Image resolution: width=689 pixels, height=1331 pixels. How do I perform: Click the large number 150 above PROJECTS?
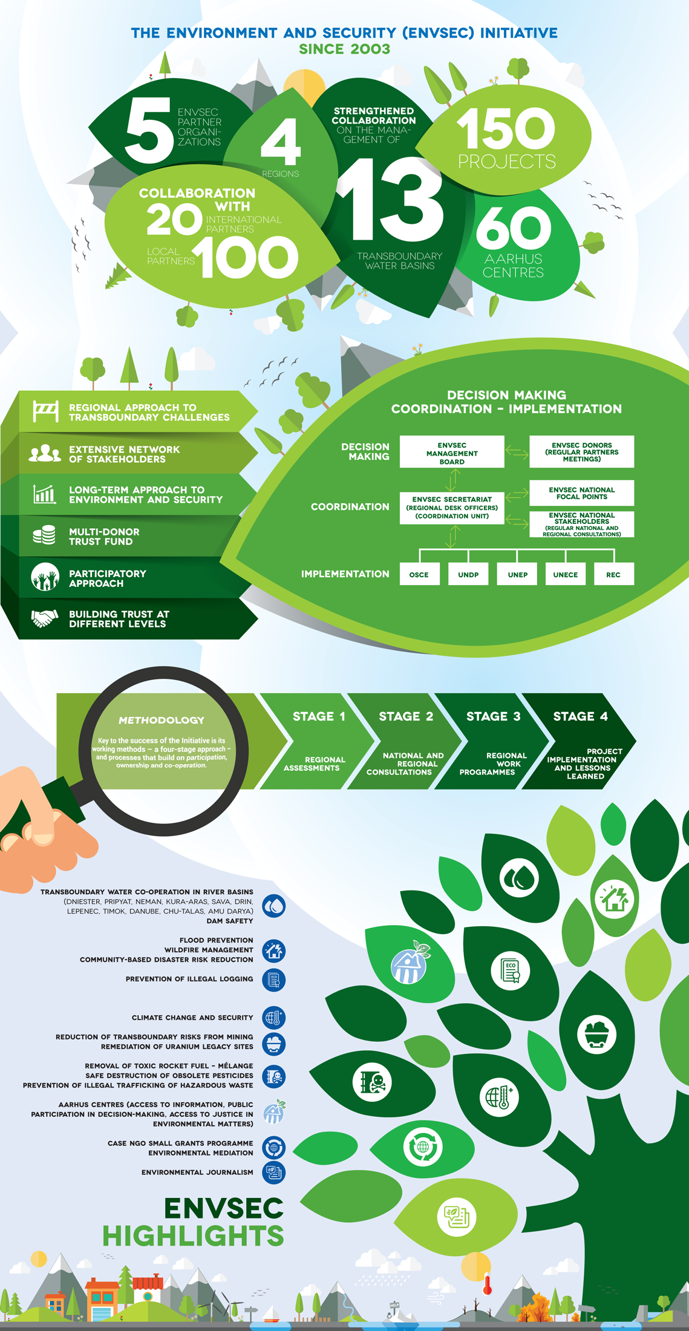coord(506,128)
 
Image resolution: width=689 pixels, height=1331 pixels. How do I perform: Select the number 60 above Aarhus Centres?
coord(514,227)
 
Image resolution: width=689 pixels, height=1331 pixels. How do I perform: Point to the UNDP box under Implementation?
coord(468,574)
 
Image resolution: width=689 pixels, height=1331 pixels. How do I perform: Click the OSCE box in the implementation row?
coord(419,574)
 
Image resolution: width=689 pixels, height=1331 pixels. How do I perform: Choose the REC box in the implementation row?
coord(613,574)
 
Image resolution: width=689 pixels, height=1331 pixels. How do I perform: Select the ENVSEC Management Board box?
coord(452,453)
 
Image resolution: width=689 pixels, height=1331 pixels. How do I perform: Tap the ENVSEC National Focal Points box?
coord(581,493)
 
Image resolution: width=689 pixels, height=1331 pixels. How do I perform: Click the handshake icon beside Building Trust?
coord(44,618)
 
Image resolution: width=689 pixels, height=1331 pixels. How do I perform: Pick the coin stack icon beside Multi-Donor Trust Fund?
coord(44,535)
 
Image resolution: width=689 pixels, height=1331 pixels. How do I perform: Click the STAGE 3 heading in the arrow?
coord(493,716)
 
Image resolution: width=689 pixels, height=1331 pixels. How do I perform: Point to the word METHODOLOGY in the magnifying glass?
coord(161,720)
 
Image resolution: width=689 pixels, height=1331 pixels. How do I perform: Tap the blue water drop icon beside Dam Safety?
coord(274,906)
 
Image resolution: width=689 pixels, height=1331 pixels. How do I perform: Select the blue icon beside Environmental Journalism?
coord(274,1172)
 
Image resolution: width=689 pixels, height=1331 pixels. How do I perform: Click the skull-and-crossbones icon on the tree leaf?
coord(372,1082)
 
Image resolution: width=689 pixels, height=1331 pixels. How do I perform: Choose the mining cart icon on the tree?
coord(596,1034)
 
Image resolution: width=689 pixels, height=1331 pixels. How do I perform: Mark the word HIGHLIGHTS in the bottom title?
coord(193,1235)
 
